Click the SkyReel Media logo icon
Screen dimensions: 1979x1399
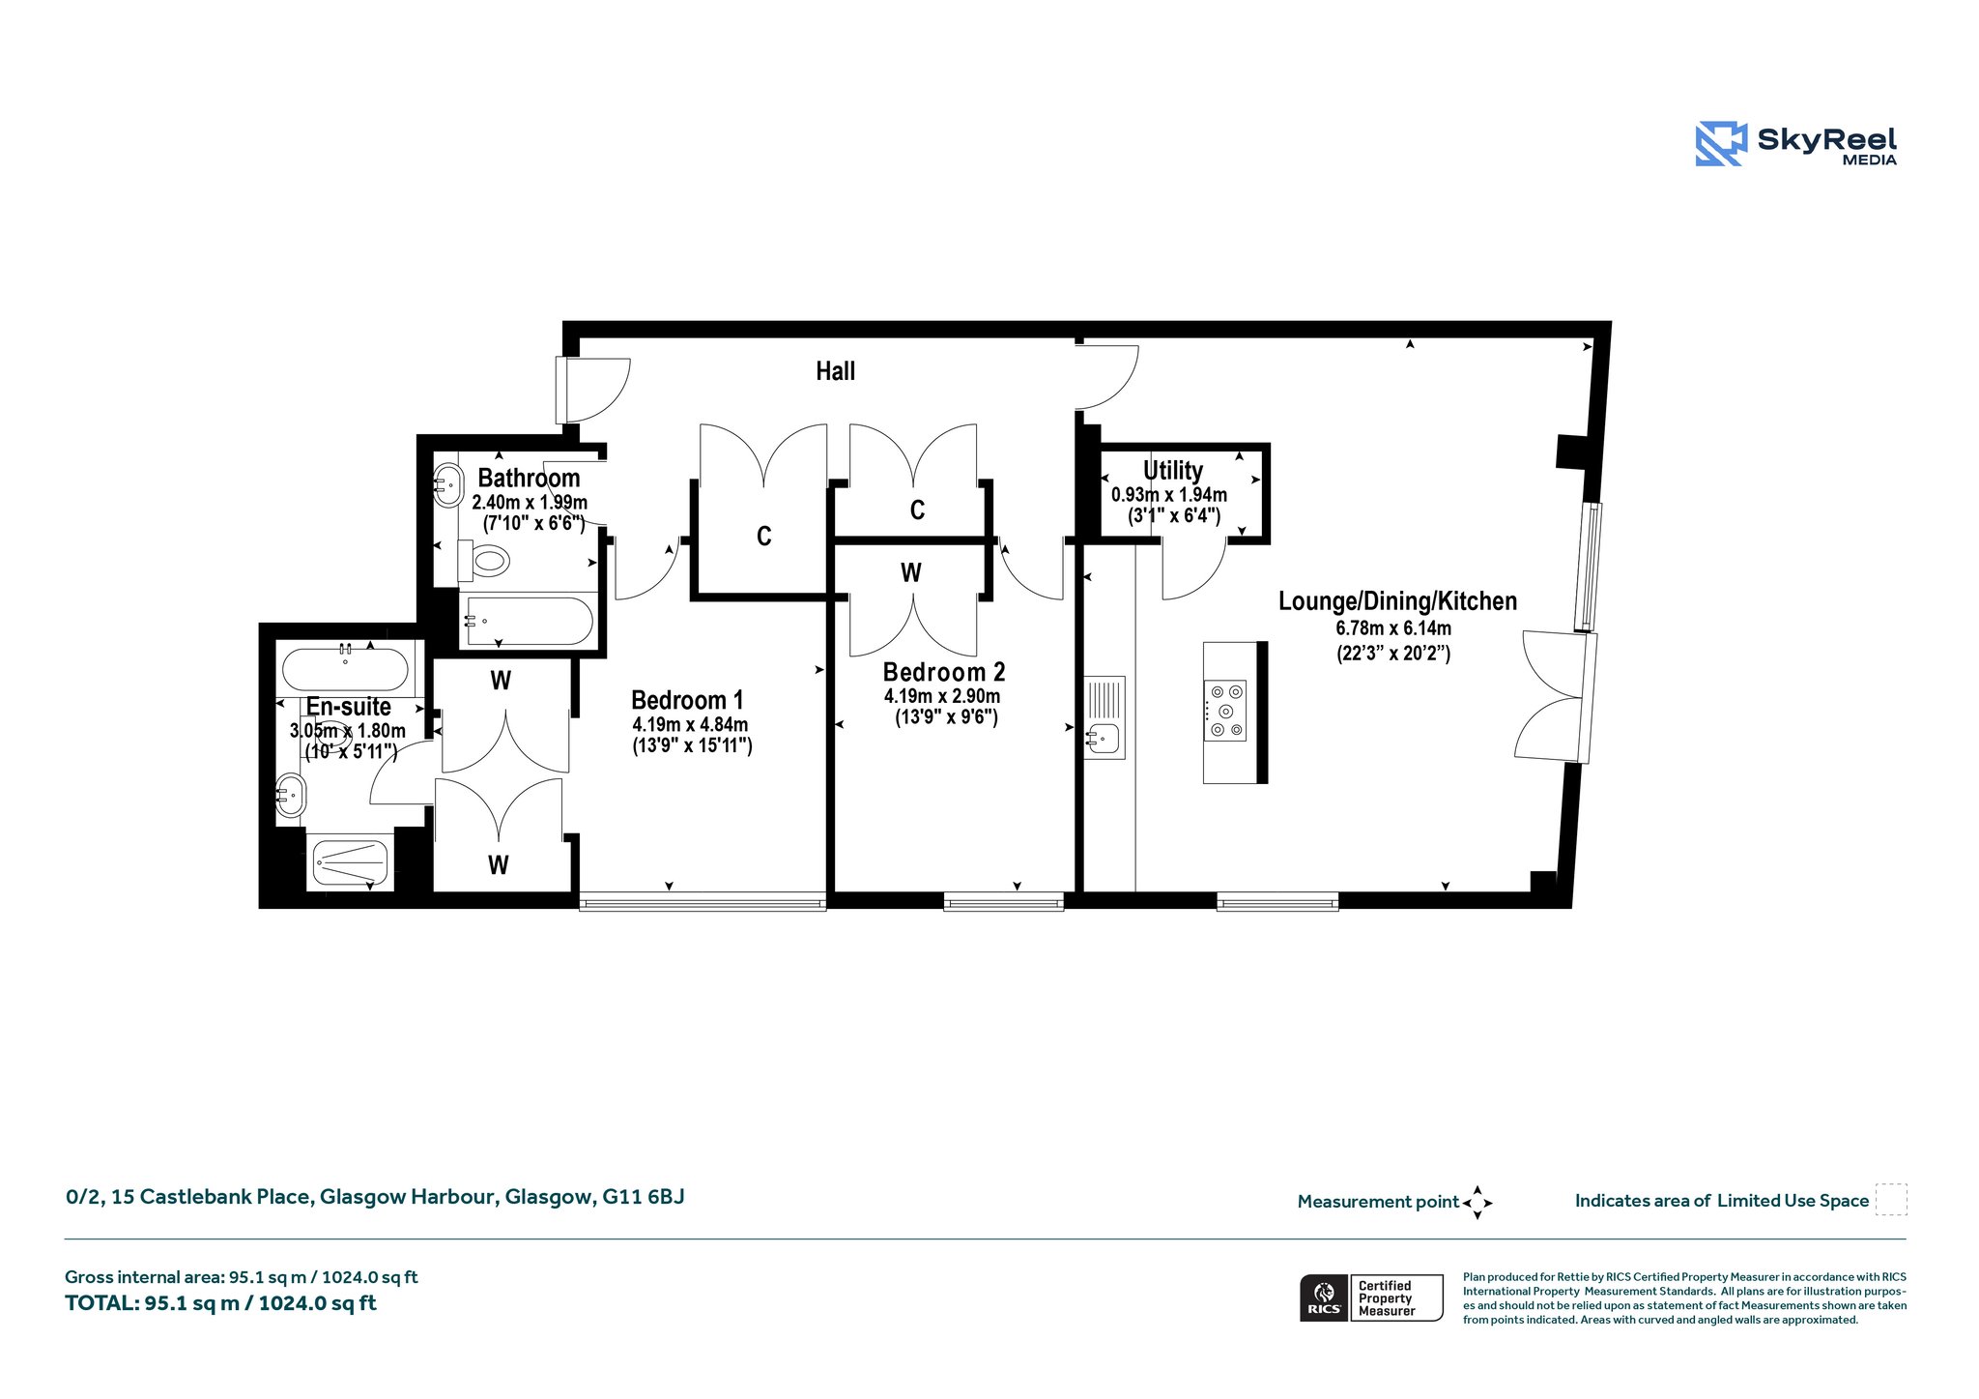coord(1721,143)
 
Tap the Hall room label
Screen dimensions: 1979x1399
coord(835,371)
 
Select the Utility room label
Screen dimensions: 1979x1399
coord(1172,471)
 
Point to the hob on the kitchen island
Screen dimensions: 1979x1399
coord(1224,711)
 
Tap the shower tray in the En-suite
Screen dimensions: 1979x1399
coord(350,862)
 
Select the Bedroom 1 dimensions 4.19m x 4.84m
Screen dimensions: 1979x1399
coord(690,725)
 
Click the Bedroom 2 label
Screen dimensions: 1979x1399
coord(944,672)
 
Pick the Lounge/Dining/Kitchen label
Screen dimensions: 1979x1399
coord(1397,601)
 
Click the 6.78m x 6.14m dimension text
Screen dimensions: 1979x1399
coord(1393,628)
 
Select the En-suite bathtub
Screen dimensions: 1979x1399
coord(345,669)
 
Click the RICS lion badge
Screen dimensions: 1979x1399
coord(1324,1297)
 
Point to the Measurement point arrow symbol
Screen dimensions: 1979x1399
coord(1477,1203)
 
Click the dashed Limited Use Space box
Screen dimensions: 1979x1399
coord(1891,1200)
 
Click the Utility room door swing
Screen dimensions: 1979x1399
coord(1194,570)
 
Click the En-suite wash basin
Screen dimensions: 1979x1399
coord(291,795)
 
